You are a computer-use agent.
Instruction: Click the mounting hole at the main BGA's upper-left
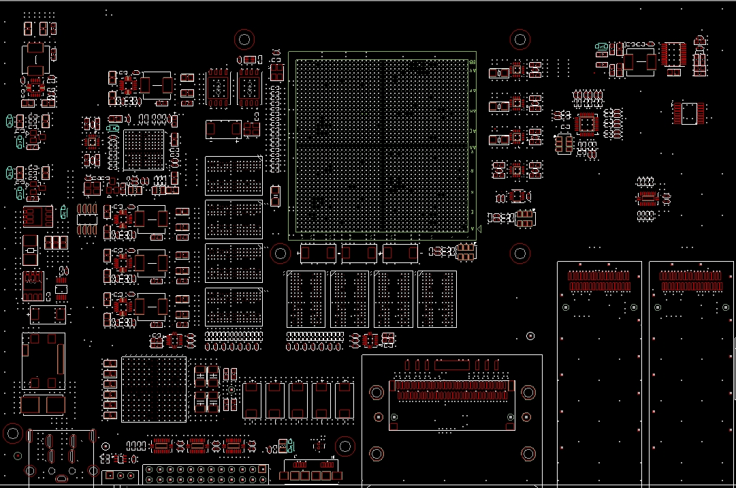[244, 39]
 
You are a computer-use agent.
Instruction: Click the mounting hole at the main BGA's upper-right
[520, 39]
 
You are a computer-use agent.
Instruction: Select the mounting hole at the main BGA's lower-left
[280, 254]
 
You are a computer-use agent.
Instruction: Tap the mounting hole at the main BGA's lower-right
[519, 254]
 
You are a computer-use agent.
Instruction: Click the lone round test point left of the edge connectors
[530, 336]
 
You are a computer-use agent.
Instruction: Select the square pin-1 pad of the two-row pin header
[262, 470]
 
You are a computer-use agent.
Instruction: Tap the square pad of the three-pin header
[108, 476]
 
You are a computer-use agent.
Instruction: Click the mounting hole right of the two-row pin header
[345, 447]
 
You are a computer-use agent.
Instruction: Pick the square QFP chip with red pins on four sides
[586, 125]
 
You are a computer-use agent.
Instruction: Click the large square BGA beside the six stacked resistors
[153, 388]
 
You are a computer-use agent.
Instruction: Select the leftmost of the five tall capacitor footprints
[251, 399]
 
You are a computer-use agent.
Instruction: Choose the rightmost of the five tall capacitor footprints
[344, 399]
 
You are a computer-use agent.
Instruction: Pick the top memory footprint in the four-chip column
[234, 176]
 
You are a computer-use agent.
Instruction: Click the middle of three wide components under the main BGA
[359, 254]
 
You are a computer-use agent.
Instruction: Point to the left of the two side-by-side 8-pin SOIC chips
[219, 87]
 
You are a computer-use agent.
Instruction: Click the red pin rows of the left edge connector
[598, 281]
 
